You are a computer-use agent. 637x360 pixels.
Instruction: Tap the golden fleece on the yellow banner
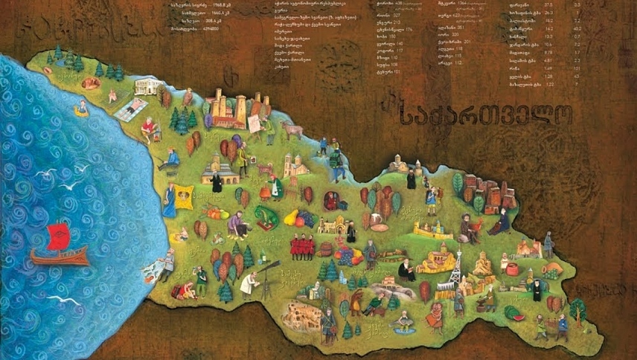[183, 197]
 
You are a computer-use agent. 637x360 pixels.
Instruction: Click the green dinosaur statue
[265, 216]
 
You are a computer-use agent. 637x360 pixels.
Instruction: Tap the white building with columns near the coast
[149, 86]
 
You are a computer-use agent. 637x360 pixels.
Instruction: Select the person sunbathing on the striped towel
[132, 108]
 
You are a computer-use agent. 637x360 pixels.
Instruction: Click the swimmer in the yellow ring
[81, 109]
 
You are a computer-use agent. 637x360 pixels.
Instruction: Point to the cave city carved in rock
[297, 315]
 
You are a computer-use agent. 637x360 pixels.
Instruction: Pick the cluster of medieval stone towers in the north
[227, 108]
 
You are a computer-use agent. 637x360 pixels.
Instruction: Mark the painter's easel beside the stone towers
[255, 123]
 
